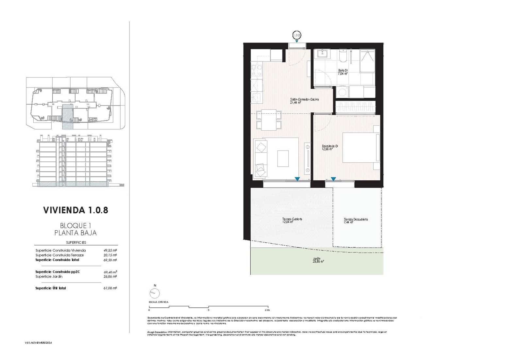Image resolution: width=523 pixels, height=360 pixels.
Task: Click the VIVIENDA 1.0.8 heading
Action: [76, 210]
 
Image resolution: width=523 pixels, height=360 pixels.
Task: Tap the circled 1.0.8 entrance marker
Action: [296, 35]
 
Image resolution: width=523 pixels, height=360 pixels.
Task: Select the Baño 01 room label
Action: [343, 72]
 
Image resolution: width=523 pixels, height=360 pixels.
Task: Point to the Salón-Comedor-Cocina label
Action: [304, 101]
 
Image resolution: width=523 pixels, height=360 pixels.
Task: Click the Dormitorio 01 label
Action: [329, 147]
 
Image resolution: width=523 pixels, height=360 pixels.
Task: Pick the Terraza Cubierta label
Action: [292, 221]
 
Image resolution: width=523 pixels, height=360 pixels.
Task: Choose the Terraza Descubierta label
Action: [356, 221]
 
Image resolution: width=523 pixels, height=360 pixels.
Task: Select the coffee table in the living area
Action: [283, 158]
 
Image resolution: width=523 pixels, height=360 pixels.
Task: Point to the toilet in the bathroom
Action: [343, 57]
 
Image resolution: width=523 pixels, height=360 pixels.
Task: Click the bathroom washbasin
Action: [323, 54]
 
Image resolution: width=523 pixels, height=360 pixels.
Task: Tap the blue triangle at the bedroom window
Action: [333, 179]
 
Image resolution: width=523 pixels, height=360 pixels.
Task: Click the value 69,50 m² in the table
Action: [110, 260]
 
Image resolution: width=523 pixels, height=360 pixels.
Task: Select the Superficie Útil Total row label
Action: [51, 288]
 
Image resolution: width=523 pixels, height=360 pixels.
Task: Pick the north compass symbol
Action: [155, 294]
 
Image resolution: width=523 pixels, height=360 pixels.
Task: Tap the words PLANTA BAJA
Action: [76, 233]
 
